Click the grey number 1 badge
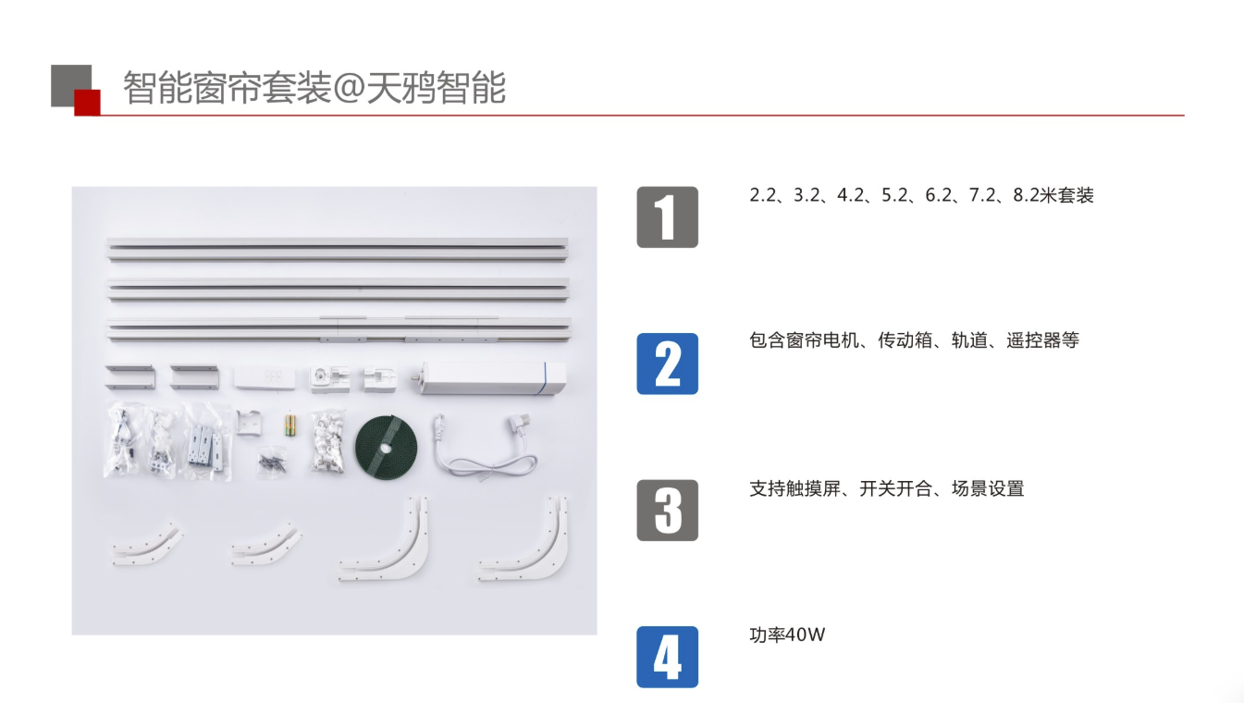click(x=667, y=217)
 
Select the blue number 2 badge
click(x=667, y=364)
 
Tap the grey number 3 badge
click(x=667, y=510)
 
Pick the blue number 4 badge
click(x=667, y=657)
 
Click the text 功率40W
click(x=786, y=635)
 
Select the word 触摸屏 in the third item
click(x=813, y=488)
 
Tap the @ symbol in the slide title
click(x=348, y=90)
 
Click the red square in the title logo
click(x=87, y=103)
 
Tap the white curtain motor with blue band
click(x=490, y=379)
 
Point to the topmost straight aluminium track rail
click(x=339, y=249)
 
